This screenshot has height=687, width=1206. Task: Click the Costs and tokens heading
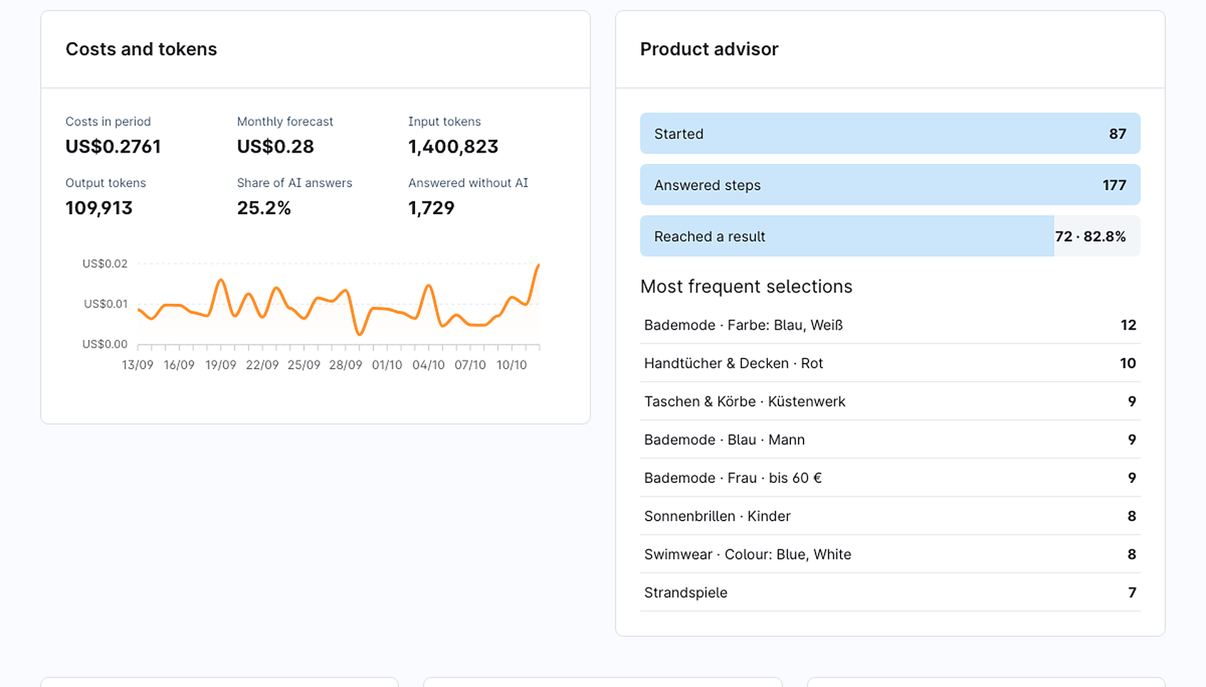pyautogui.click(x=141, y=49)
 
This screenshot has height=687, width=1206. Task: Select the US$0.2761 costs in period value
pyautogui.click(x=113, y=146)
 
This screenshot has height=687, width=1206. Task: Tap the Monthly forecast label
pyautogui.click(x=285, y=121)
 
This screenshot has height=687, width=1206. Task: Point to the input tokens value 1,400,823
pyautogui.click(x=453, y=146)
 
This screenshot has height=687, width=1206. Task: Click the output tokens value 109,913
pyautogui.click(x=99, y=208)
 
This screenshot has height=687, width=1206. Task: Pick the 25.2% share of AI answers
pyautogui.click(x=264, y=208)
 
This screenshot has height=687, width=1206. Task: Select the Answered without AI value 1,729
pyautogui.click(x=431, y=208)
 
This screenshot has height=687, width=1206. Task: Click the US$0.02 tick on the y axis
pyautogui.click(x=105, y=264)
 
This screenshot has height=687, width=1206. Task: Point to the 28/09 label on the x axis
pyautogui.click(x=345, y=365)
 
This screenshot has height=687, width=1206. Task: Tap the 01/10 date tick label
pyautogui.click(x=387, y=365)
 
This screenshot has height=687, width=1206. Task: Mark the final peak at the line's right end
pyautogui.click(x=539, y=265)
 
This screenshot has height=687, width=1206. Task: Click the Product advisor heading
pyautogui.click(x=709, y=49)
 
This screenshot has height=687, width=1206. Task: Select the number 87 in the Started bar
pyautogui.click(x=1117, y=134)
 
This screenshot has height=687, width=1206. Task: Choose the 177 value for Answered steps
pyautogui.click(x=1114, y=185)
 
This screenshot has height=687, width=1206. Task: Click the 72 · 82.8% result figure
pyautogui.click(x=1090, y=237)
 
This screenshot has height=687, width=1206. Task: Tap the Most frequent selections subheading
pyautogui.click(x=746, y=286)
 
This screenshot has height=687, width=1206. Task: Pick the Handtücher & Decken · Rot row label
pyautogui.click(x=733, y=364)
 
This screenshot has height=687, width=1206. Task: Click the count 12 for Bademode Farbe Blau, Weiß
pyautogui.click(x=1128, y=325)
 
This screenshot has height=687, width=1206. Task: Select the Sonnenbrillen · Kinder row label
pyautogui.click(x=717, y=516)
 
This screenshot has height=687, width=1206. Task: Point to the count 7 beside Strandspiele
pyautogui.click(x=1132, y=593)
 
